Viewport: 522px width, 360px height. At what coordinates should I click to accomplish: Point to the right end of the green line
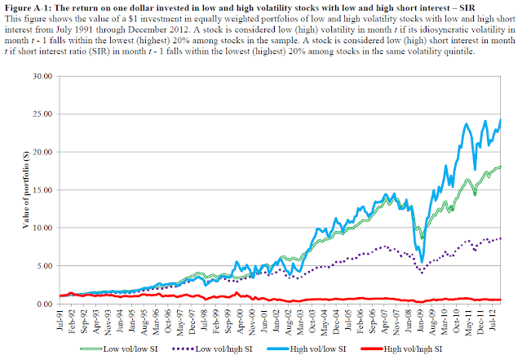click(x=501, y=167)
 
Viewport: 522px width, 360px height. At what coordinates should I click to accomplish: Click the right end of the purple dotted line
click(x=501, y=238)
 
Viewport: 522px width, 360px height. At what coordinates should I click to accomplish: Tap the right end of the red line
click(x=501, y=300)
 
